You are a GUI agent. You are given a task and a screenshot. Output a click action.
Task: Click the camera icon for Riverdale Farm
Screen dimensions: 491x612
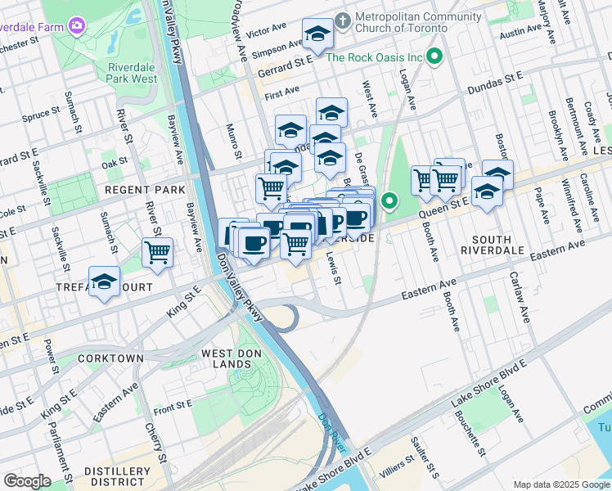(x=76, y=26)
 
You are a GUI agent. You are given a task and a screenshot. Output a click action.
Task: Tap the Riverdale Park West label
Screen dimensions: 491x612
(x=132, y=73)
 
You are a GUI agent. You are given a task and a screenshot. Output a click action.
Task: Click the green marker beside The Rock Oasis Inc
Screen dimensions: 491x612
(x=435, y=57)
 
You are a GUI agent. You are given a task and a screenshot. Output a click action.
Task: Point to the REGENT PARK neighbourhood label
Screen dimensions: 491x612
(x=134, y=190)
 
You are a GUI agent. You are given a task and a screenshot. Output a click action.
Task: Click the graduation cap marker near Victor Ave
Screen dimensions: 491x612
(x=317, y=34)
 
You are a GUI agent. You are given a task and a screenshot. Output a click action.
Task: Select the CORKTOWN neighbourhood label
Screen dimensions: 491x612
(x=110, y=358)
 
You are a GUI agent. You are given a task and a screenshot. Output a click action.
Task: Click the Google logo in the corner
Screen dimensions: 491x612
(x=27, y=481)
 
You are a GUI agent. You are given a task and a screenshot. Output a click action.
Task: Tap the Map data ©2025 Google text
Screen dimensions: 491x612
(x=560, y=484)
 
